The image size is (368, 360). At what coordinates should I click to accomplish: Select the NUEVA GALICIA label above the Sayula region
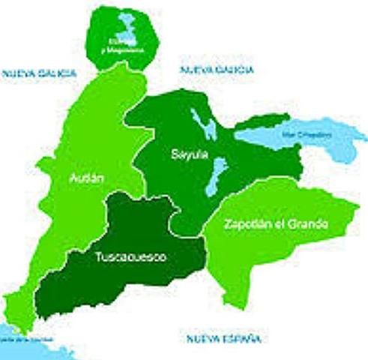click(x=217, y=70)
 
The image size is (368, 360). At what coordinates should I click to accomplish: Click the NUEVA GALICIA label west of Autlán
click(x=39, y=73)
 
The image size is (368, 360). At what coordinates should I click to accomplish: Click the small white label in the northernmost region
click(x=122, y=47)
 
